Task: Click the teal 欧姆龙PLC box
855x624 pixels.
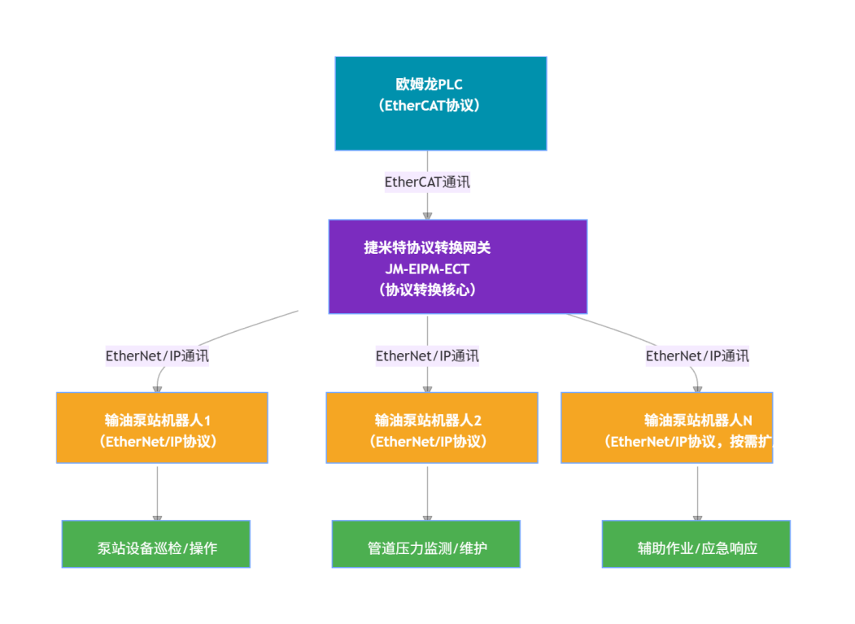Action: pyautogui.click(x=440, y=103)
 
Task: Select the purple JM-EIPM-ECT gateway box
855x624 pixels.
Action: pyautogui.click(x=457, y=266)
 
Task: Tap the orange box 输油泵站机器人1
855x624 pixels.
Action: pyautogui.click(x=162, y=428)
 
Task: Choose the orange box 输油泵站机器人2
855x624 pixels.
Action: pyautogui.click(x=431, y=428)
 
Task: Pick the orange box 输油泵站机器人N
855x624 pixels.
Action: pyautogui.click(x=666, y=428)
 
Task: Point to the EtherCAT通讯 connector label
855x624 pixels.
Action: pyautogui.click(x=427, y=181)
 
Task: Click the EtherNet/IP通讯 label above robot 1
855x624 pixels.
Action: pyautogui.click(x=157, y=356)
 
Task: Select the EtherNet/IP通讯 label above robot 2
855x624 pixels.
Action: pyautogui.click(x=427, y=356)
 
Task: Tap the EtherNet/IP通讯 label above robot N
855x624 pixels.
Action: pyautogui.click(x=697, y=356)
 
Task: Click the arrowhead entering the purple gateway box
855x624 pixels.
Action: pyautogui.click(x=427, y=216)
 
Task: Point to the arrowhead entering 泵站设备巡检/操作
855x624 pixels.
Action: pyautogui.click(x=157, y=517)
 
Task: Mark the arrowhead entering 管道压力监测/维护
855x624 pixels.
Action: pyautogui.click(x=427, y=517)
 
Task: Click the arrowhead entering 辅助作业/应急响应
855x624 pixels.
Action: pyautogui.click(x=697, y=517)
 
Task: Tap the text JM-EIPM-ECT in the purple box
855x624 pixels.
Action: pyautogui.click(x=428, y=268)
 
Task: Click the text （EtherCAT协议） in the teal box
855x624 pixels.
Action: pyautogui.click(x=429, y=105)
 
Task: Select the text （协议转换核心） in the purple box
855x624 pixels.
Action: pyautogui.click(x=428, y=289)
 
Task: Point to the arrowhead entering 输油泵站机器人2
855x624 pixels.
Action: pyautogui.click(x=427, y=389)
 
